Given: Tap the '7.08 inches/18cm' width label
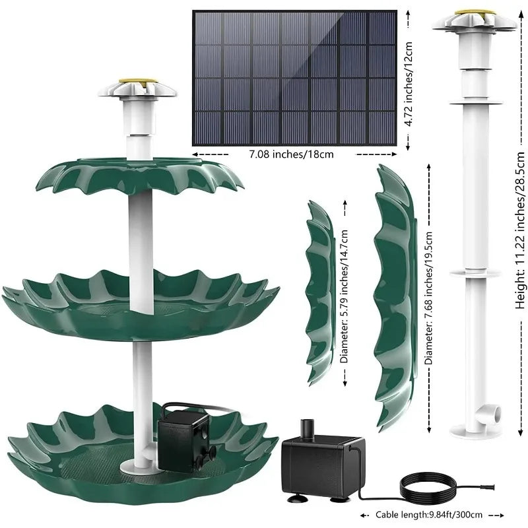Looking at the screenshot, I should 291,154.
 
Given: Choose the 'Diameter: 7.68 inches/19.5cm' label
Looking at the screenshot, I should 429,298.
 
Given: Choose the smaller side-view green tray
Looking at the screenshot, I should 320,290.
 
